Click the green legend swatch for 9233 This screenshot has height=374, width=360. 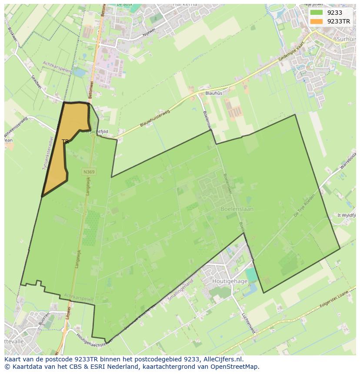[x=317, y=13]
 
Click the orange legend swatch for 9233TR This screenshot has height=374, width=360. [x=317, y=21]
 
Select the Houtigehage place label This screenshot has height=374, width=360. [x=230, y=281]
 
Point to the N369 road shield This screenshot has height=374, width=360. [x=89, y=172]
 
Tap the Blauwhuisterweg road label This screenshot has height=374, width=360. [x=155, y=118]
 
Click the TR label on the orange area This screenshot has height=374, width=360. [x=65, y=142]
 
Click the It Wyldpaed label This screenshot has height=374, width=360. [x=347, y=215]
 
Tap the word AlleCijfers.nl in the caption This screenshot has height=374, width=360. [x=223, y=359]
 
